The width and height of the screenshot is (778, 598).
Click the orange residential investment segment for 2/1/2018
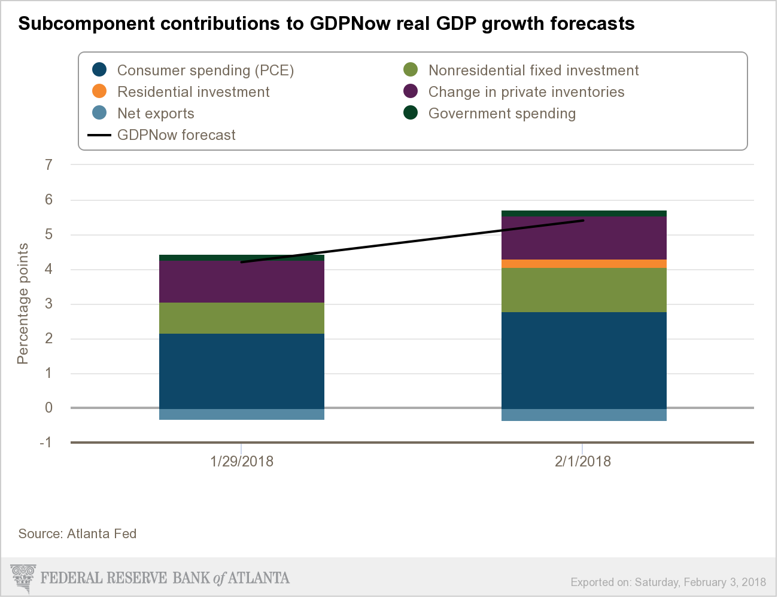point(583,264)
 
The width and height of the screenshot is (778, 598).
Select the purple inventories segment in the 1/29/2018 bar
point(242,282)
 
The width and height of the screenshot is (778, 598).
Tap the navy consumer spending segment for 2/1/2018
point(583,360)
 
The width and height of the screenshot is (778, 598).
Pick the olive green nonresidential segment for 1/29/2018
point(242,318)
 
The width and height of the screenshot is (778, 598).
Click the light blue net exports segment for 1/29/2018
point(242,414)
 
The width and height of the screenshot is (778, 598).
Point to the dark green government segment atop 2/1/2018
point(583,213)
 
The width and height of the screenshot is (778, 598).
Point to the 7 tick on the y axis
point(49,164)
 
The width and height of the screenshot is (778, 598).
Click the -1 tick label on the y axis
point(45,443)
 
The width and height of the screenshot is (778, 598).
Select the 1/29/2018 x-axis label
point(242,462)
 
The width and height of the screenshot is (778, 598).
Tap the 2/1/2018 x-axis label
point(583,462)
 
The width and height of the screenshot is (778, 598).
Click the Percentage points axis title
point(23,303)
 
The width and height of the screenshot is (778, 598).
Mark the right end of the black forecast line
point(583,221)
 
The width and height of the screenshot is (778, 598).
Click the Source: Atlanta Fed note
point(77,533)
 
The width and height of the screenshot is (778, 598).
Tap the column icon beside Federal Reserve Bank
point(23,578)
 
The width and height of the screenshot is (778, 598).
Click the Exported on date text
point(668,582)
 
